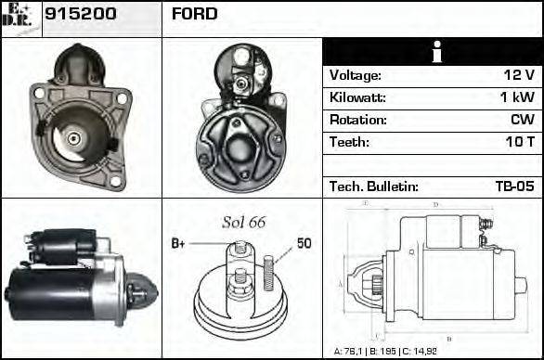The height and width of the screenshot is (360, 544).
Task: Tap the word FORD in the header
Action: point(194,14)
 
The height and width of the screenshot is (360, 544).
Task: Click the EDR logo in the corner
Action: point(19,17)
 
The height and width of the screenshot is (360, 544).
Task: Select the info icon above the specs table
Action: point(433,52)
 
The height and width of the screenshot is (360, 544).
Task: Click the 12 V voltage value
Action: point(518,75)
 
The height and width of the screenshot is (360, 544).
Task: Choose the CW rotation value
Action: point(522,120)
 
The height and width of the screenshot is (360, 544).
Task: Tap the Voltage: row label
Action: point(356,75)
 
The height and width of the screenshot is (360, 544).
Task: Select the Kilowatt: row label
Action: point(358,97)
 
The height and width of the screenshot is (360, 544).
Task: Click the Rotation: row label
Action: point(357,120)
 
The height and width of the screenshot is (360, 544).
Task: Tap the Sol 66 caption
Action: point(243,222)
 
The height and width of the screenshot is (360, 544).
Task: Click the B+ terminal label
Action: point(179,244)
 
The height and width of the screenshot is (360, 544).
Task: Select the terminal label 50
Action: point(304,244)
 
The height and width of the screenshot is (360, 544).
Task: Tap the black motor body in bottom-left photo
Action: point(42,290)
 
